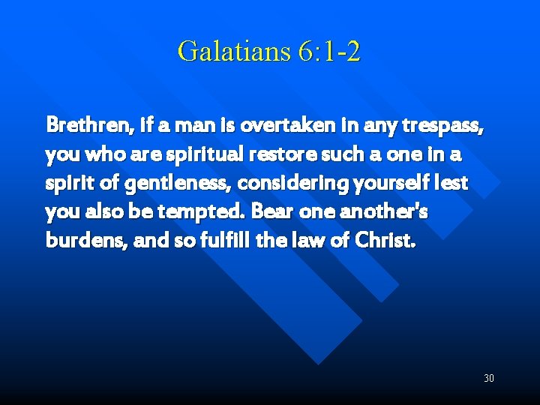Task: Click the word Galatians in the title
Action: [223, 52]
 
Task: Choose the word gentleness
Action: [178, 184]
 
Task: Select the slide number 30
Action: [488, 378]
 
